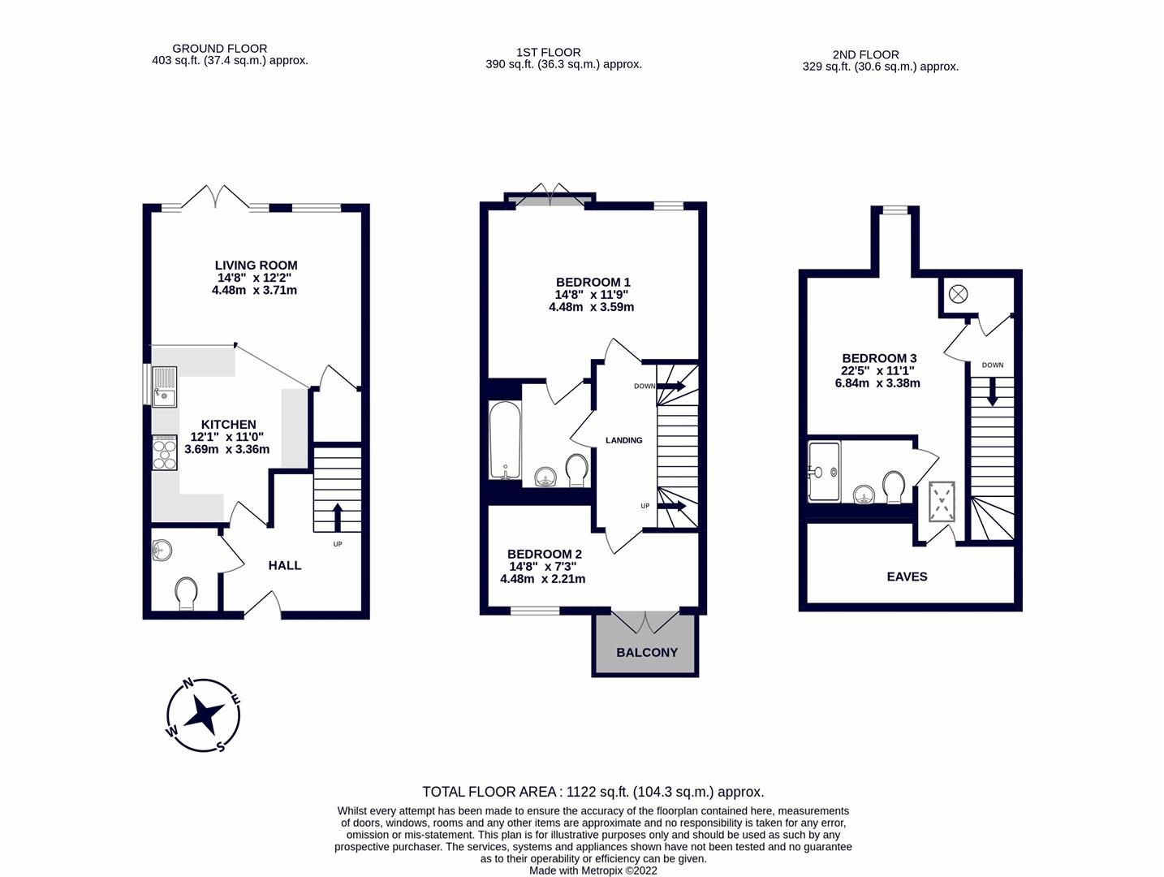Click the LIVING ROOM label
point(256,265)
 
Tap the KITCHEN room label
point(228,424)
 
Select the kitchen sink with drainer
point(164,386)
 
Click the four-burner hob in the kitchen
point(164,453)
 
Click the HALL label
point(285,565)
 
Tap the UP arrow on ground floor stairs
point(337,516)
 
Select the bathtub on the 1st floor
point(504,441)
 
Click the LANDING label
point(623,440)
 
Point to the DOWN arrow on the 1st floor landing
point(670,387)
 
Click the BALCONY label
point(646,652)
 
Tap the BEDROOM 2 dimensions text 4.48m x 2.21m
point(542,579)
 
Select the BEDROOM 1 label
point(593,283)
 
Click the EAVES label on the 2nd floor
point(907,577)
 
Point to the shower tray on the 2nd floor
point(824,471)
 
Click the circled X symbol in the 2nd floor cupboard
point(958,294)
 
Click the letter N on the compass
point(188,684)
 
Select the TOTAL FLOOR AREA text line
point(593,792)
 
